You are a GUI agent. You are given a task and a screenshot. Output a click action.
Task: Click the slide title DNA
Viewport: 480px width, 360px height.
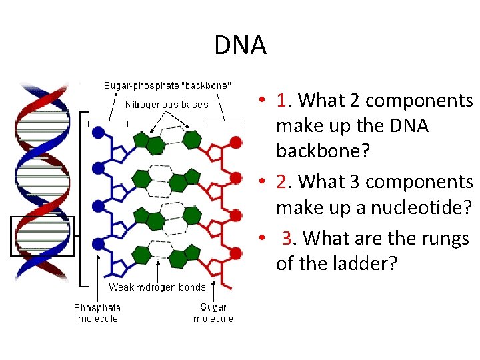240,45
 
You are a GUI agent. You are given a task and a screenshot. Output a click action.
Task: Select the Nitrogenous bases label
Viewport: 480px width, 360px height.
167,104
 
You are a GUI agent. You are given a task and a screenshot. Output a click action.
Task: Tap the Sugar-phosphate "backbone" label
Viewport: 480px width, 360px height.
168,85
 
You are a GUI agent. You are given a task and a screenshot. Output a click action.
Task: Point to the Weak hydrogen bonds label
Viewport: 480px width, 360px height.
157,287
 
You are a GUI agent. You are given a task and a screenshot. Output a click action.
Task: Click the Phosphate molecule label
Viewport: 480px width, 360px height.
97,313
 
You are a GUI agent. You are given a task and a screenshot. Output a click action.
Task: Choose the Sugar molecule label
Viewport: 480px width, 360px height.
213,313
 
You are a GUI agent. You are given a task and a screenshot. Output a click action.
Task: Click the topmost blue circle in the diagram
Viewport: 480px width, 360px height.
98,133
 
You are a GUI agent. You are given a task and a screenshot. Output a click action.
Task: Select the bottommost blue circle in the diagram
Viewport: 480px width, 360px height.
98,245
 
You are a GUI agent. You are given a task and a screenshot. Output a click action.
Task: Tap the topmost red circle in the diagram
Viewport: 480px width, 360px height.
235,142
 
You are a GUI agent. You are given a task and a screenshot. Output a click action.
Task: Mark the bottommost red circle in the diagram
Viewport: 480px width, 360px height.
235,253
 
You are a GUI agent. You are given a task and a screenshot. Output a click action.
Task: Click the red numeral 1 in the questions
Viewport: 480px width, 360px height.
285,101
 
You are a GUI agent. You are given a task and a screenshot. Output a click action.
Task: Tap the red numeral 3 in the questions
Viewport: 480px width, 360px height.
287,238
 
